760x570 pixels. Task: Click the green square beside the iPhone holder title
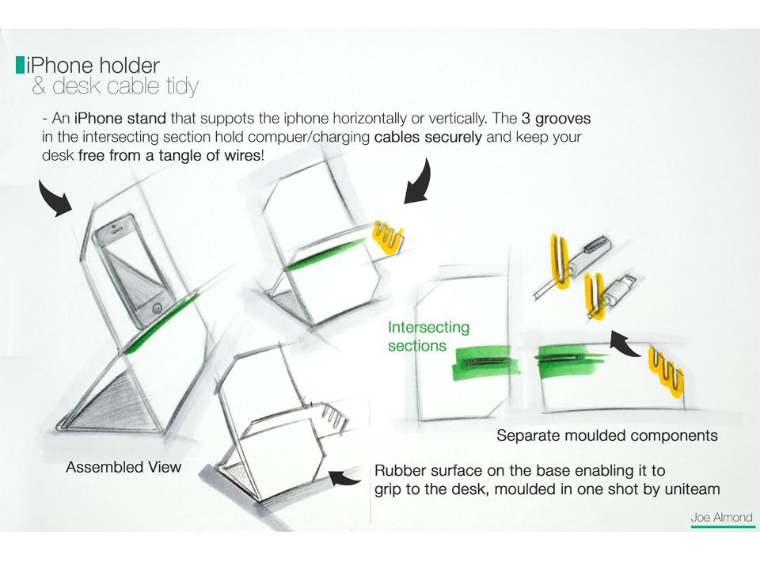click(20, 65)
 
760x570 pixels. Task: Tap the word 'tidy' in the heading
click(179, 86)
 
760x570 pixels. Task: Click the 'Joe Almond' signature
click(721, 518)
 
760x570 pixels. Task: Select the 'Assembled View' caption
click(123, 467)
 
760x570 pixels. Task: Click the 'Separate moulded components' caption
click(606, 435)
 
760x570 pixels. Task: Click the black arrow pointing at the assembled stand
click(55, 198)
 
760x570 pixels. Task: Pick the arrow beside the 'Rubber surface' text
click(346, 477)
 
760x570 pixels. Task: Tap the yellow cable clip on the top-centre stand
click(386, 236)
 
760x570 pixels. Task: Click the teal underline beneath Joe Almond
click(721, 526)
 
